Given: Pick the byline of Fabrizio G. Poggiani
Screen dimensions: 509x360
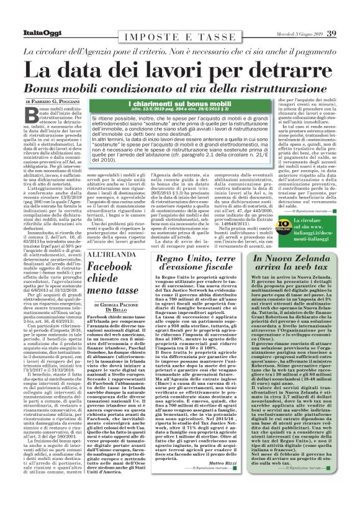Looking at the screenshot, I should pos(59,101).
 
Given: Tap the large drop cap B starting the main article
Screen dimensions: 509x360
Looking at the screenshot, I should pos(33,114).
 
